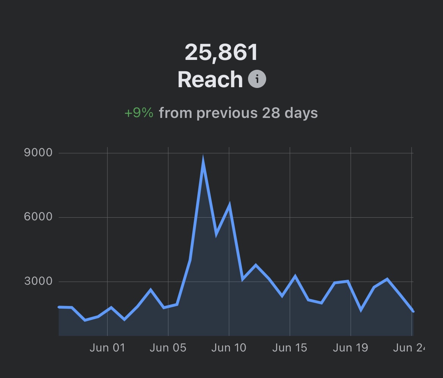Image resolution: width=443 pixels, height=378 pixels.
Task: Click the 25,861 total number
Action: click(x=221, y=52)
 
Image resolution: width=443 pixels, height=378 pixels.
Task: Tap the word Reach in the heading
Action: click(x=210, y=80)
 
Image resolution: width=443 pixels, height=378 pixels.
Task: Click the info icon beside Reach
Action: click(x=257, y=79)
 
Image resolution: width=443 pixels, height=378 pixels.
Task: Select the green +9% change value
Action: click(x=139, y=113)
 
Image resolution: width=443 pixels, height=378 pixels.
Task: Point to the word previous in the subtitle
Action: click(x=227, y=113)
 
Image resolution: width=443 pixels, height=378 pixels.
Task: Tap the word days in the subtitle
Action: click(x=301, y=113)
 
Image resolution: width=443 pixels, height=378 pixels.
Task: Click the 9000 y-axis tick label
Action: click(x=38, y=153)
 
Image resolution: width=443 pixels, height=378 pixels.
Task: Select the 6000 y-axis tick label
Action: click(x=38, y=217)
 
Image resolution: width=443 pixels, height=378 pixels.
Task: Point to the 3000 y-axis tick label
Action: click(x=38, y=281)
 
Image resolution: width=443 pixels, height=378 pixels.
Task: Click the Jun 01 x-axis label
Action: click(x=107, y=348)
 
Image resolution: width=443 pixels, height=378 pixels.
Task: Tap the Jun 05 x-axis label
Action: click(x=168, y=348)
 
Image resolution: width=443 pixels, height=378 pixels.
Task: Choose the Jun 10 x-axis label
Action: click(x=229, y=348)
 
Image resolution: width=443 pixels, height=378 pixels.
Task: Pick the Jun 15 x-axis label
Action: click(x=290, y=348)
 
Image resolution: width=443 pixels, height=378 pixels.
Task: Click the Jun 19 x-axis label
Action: click(x=350, y=348)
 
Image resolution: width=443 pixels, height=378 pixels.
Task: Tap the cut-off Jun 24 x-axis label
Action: click(x=409, y=348)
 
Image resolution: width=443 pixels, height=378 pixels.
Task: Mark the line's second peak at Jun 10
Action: click(x=229, y=206)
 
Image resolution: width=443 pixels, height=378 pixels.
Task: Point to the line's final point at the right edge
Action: click(x=413, y=311)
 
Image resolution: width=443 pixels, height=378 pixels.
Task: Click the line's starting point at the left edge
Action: click(x=59, y=307)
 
